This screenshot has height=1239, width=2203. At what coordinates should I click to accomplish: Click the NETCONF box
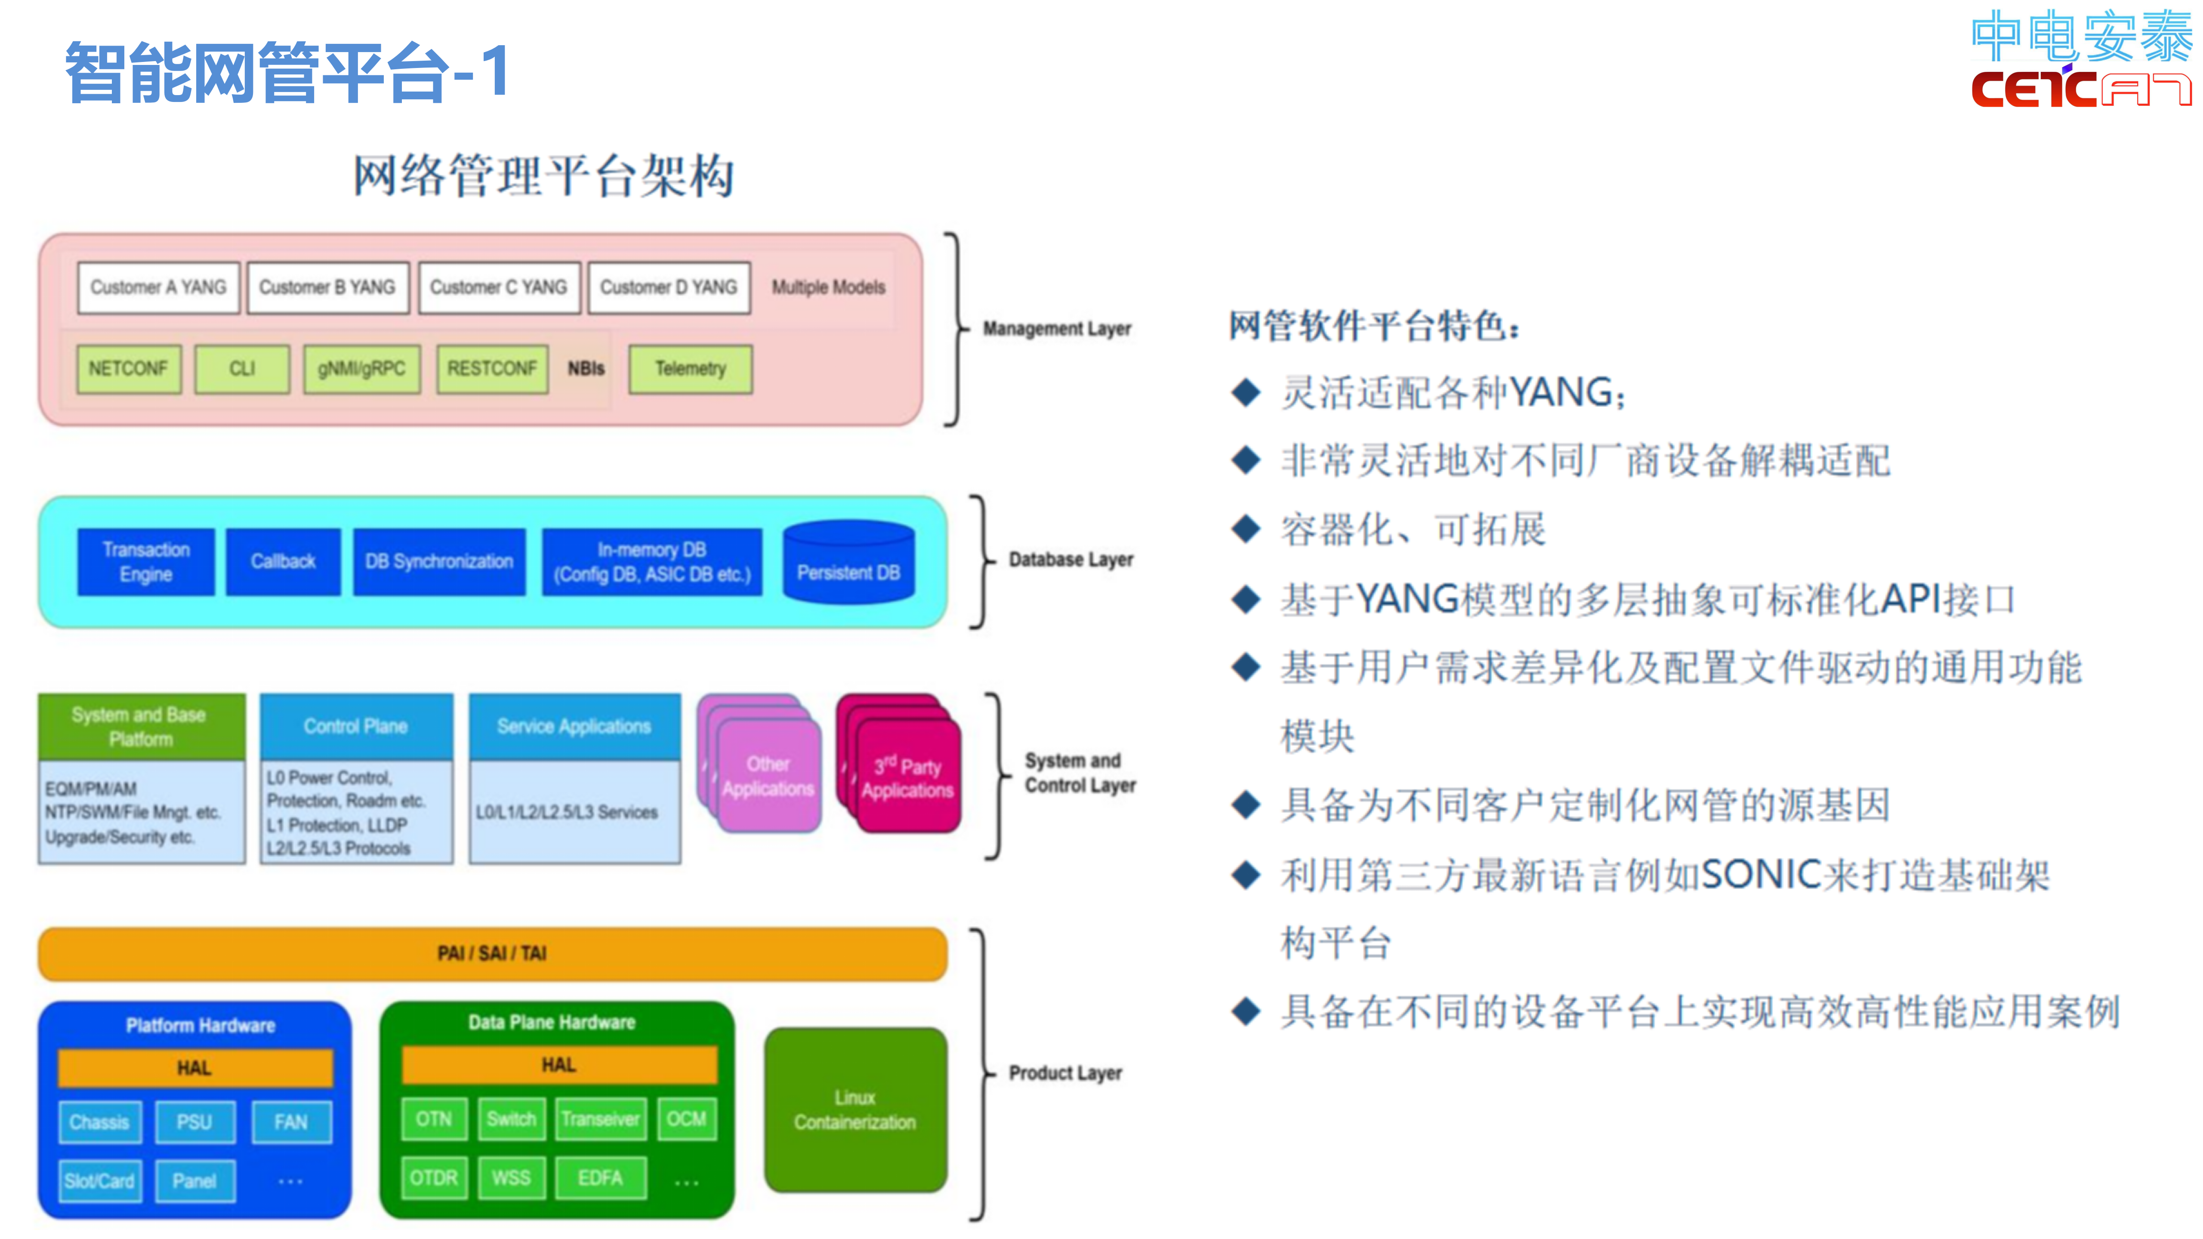[128, 369]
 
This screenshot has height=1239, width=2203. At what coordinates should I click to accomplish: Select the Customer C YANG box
[499, 287]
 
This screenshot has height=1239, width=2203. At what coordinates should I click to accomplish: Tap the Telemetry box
[690, 369]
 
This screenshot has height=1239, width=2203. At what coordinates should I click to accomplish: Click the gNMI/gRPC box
[362, 369]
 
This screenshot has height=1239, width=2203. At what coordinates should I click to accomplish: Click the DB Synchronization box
[440, 562]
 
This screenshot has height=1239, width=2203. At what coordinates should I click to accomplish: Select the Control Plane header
[356, 726]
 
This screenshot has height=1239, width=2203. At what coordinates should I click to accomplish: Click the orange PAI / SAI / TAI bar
[493, 953]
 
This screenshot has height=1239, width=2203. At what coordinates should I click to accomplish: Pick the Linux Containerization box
[855, 1110]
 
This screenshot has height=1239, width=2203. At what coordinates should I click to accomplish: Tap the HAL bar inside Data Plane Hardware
[558, 1065]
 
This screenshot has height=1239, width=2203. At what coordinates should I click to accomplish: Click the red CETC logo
[2080, 89]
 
